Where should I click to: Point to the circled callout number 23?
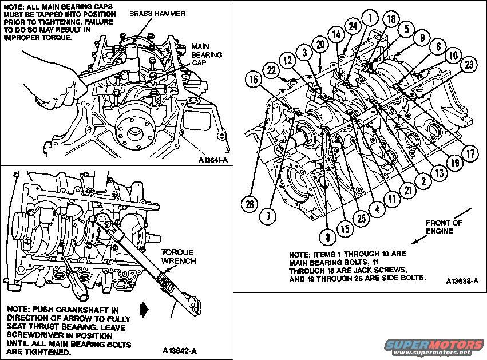click(469, 65)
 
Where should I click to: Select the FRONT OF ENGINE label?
click(444, 227)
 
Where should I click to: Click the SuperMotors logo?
click(434, 345)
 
